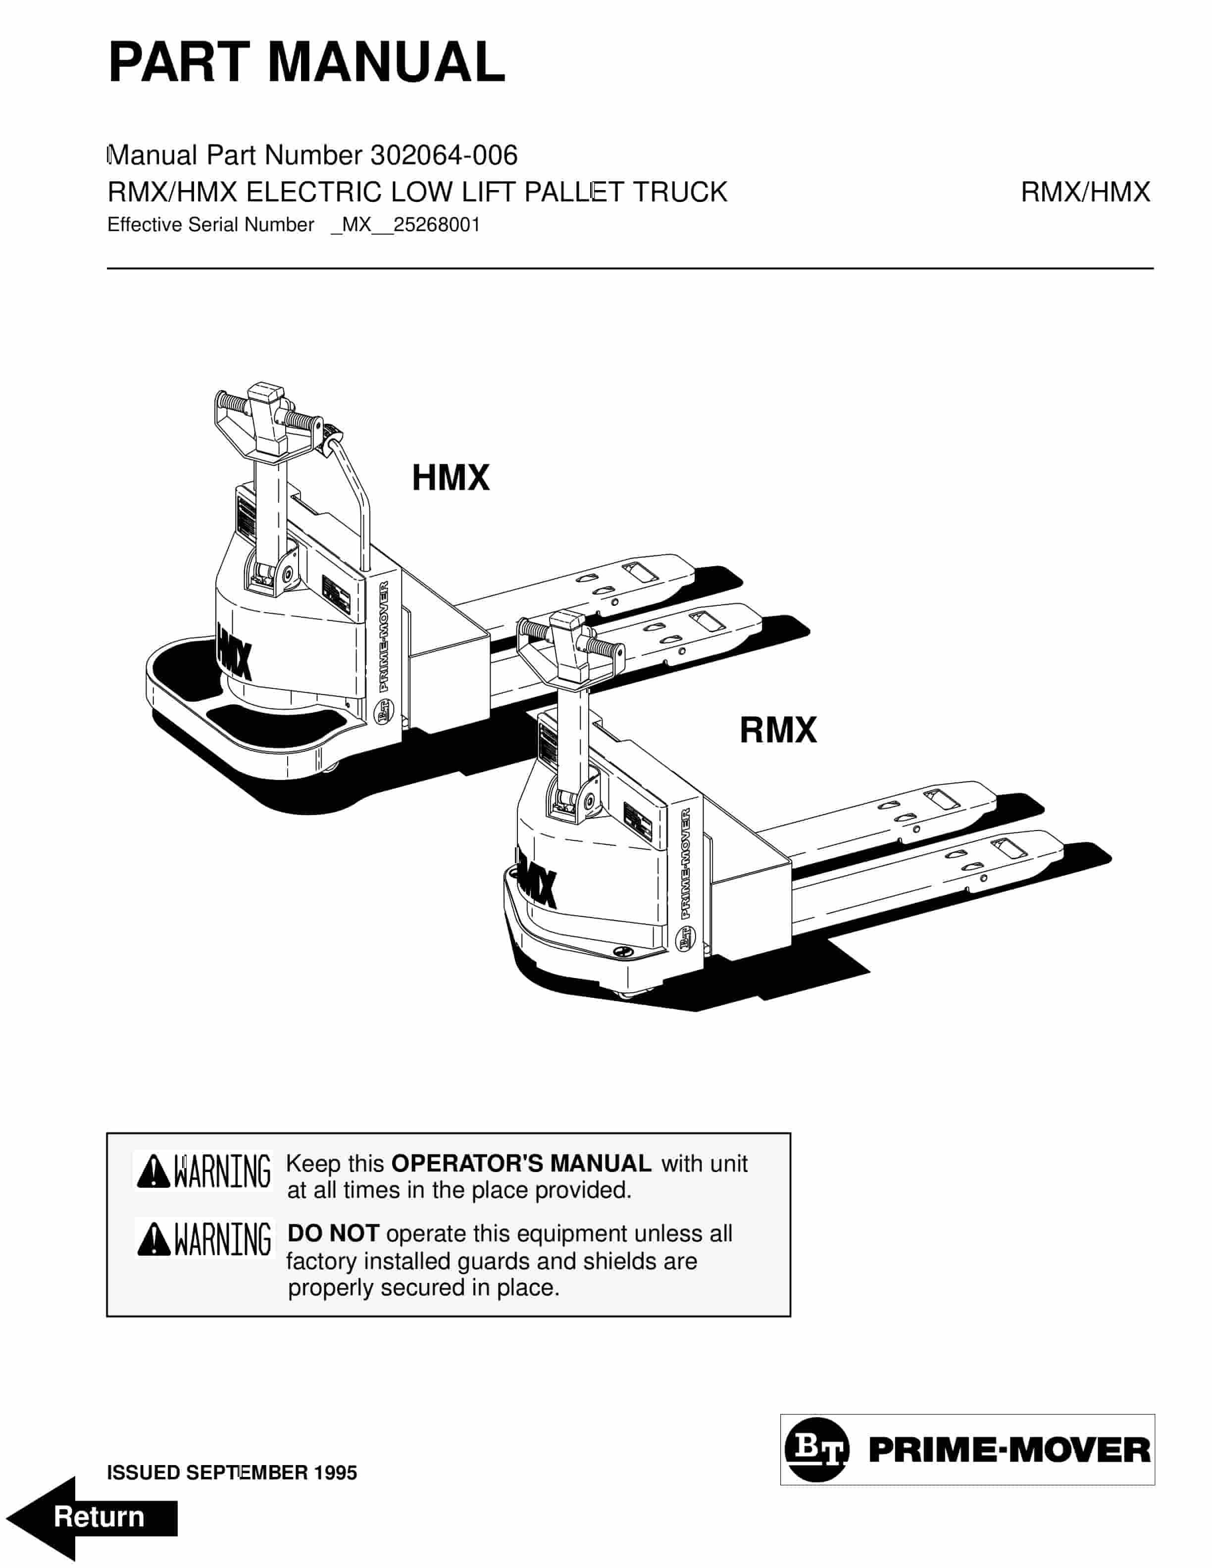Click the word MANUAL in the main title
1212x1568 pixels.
pos(386,62)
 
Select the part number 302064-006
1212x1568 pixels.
pos(444,155)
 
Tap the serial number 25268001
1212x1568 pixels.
pos(437,225)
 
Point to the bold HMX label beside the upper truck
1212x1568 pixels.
pos(450,478)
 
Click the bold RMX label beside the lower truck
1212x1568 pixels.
pos(778,730)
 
